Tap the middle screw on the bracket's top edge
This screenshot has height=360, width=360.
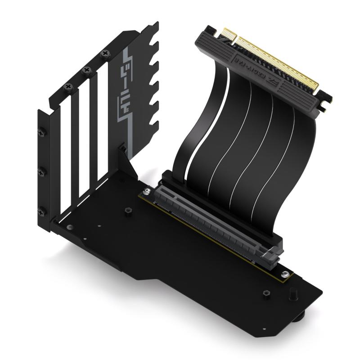coord(87,70)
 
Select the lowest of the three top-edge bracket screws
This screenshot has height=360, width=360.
coord(68,86)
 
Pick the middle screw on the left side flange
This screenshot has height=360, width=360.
coord(42,171)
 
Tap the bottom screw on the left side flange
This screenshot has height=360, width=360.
coord(42,210)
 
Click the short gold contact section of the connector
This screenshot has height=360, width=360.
coord(225,33)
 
